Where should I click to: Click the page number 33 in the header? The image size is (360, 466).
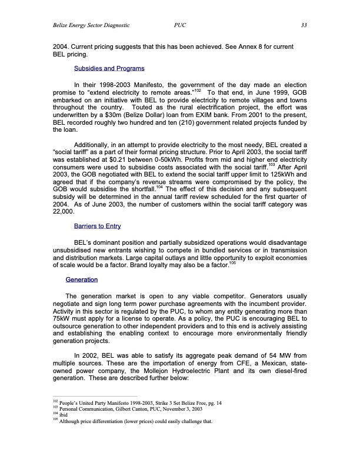[304, 25]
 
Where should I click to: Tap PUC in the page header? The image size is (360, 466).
[181, 25]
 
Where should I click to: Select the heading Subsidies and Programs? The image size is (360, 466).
[109, 69]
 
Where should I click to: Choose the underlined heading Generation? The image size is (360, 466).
[82, 279]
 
